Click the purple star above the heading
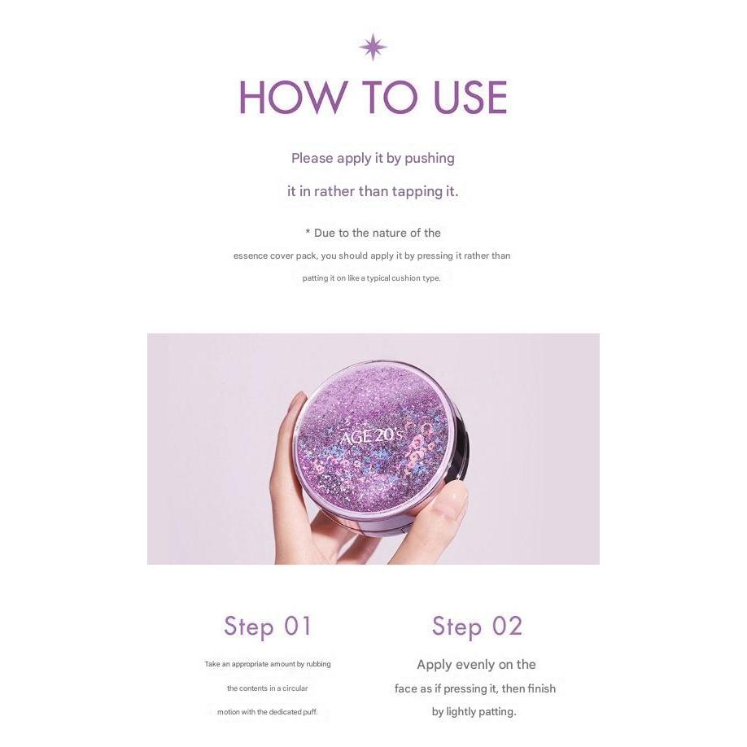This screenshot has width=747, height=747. (373, 47)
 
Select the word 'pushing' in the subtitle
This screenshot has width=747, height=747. (429, 159)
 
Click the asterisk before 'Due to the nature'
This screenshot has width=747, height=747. (308, 233)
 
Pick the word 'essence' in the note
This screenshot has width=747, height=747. (250, 256)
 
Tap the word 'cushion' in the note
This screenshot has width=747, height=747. (406, 278)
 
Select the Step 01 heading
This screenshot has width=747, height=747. (267, 627)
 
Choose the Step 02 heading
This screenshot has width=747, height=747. (477, 627)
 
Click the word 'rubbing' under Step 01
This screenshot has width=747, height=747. (318, 664)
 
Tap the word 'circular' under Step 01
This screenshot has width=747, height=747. (295, 688)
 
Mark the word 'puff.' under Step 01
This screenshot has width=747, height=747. (309, 712)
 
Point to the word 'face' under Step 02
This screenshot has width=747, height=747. (406, 689)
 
